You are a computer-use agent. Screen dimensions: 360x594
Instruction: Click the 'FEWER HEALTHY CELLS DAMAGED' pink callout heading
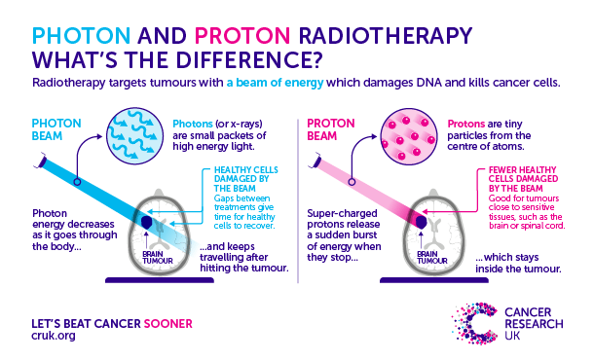[x=518, y=182]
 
